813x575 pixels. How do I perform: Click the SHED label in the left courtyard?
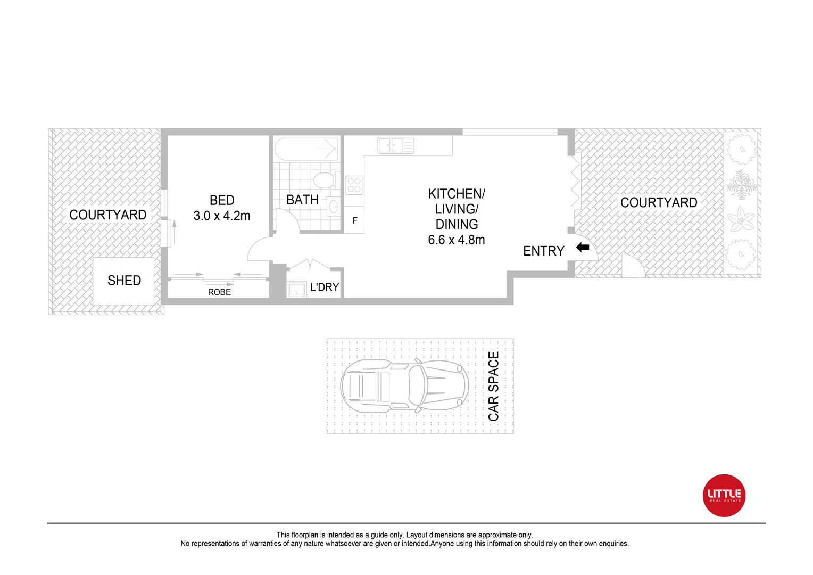tap(124, 281)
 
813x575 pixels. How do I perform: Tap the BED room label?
tap(222, 200)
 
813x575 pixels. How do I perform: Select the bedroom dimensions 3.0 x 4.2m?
tap(222, 216)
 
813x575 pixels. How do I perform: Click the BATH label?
tap(302, 200)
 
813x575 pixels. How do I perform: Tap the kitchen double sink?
tap(396, 145)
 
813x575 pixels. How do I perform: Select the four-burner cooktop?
tap(354, 185)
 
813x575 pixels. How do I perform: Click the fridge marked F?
tap(355, 220)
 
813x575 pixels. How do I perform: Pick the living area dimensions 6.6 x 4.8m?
tap(457, 240)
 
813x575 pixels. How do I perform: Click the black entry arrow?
tap(583, 247)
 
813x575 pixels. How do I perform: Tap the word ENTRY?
tap(543, 251)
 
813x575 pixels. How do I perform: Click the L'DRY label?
tap(325, 287)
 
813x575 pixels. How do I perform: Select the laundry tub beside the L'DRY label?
tap(296, 289)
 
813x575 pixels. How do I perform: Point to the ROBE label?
tap(219, 292)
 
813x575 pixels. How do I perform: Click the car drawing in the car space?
tap(404, 385)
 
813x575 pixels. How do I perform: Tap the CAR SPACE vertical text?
tap(493, 387)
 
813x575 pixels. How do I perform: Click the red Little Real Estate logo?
tap(724, 495)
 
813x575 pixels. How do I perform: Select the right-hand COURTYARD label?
tap(659, 203)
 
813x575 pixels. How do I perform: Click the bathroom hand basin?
tap(334, 206)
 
